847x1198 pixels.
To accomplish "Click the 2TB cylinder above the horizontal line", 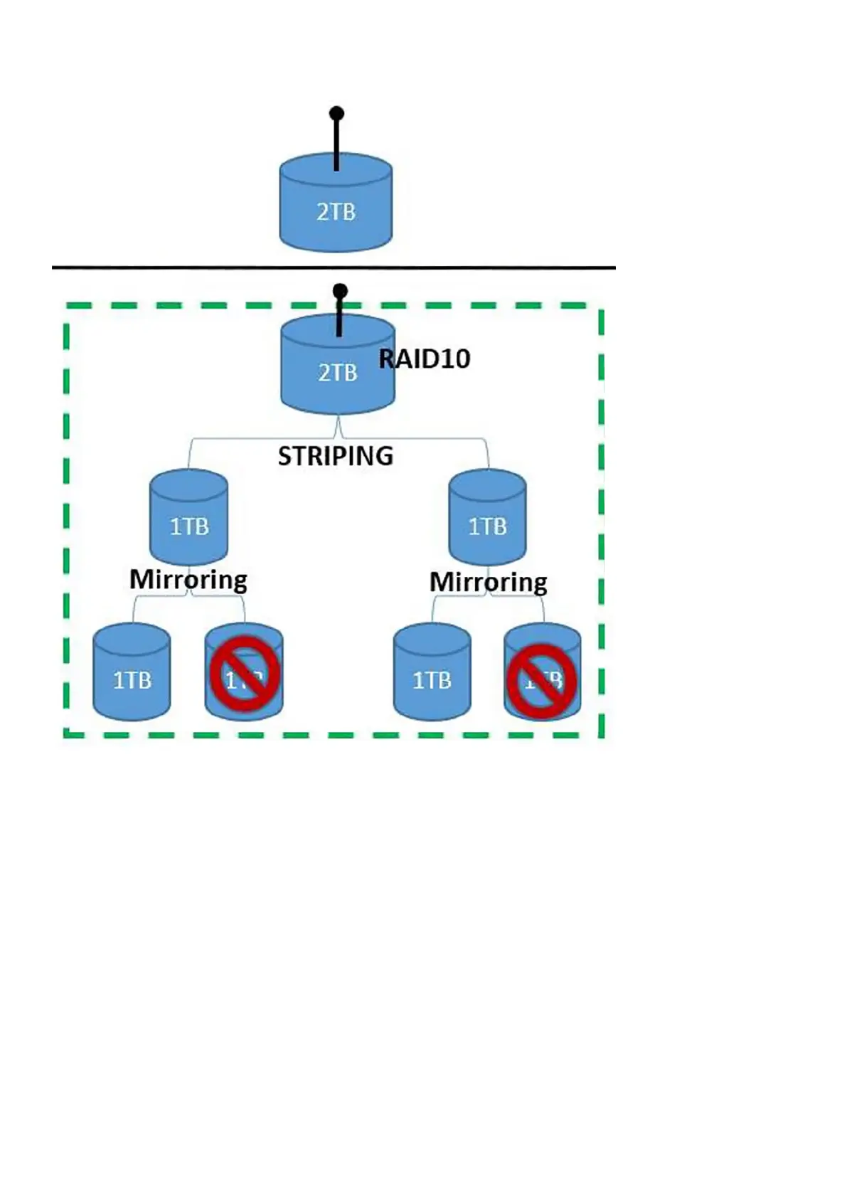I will pyautogui.click(x=335, y=213).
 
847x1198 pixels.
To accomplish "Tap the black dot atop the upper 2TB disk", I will pyautogui.click(x=336, y=113).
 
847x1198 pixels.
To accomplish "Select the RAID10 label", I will pyautogui.click(x=425, y=359).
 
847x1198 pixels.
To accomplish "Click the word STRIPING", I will pyautogui.click(x=335, y=456).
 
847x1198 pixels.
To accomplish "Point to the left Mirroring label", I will pyautogui.click(x=188, y=580).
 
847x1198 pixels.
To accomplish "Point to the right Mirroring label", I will pyautogui.click(x=488, y=583).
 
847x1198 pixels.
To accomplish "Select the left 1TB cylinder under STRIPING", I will pyautogui.click(x=188, y=519).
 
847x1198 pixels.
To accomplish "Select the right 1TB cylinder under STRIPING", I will pyautogui.click(x=487, y=519).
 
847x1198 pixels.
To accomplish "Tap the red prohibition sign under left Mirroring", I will pyautogui.click(x=244, y=674).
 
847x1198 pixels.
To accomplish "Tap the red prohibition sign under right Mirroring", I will pyautogui.click(x=542, y=681).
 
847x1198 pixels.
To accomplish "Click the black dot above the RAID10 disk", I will pyautogui.click(x=340, y=291).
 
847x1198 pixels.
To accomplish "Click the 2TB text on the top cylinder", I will pyautogui.click(x=336, y=212).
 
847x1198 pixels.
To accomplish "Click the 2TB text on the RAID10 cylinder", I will pyautogui.click(x=337, y=373).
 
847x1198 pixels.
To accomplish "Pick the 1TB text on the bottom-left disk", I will pyautogui.click(x=132, y=681).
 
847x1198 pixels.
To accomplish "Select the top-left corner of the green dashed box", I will pyautogui.click(x=67, y=307).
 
